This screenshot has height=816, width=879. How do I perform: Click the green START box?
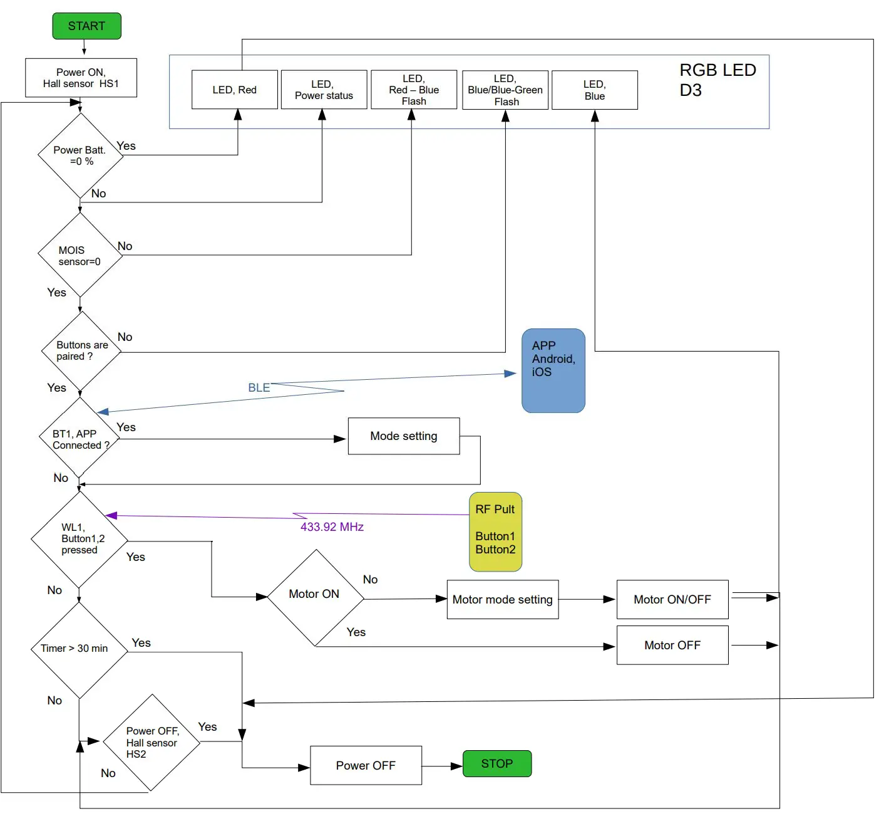(x=86, y=26)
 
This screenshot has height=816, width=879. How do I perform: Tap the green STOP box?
(x=497, y=763)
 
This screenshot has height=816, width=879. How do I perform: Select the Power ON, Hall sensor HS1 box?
(x=81, y=78)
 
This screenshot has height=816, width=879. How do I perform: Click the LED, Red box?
(x=234, y=90)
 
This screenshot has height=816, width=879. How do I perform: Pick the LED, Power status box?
(x=324, y=90)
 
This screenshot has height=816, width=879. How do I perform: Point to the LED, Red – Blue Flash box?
(x=414, y=90)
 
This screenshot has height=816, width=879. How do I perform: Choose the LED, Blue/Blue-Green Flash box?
(x=505, y=90)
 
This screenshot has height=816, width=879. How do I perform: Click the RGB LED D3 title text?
(x=717, y=80)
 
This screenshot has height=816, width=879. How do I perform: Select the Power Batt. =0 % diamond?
(x=80, y=155)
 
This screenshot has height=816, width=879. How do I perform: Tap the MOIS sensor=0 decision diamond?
(x=80, y=255)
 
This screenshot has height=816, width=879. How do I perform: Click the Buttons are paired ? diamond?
(x=81, y=351)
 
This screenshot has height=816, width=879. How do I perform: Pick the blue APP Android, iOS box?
(x=553, y=370)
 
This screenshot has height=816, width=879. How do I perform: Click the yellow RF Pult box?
(x=495, y=531)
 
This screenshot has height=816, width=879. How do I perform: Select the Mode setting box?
(x=404, y=436)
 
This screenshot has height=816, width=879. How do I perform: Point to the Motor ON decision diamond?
(x=316, y=597)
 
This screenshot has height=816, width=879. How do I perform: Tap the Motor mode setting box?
(x=503, y=600)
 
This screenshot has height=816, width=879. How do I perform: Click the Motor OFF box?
(x=672, y=645)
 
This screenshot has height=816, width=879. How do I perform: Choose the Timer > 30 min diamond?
(x=79, y=649)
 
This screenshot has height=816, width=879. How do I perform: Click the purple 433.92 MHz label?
(x=332, y=527)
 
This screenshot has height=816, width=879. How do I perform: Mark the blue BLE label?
(x=259, y=388)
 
